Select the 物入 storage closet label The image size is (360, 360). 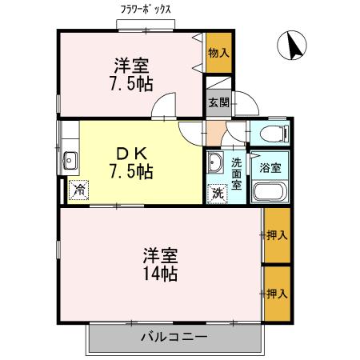[x=218, y=53]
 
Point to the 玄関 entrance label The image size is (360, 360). [x=218, y=102]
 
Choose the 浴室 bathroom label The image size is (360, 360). [x=270, y=168]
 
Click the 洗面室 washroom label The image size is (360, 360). [x=238, y=170]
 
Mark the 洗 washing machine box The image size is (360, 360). [x=216, y=193]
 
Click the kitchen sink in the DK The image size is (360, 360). [x=70, y=160]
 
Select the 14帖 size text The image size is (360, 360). [x=160, y=274]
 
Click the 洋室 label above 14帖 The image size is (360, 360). [x=160, y=255]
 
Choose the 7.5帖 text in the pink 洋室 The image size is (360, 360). [x=132, y=83]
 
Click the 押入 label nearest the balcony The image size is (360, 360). [x=278, y=294]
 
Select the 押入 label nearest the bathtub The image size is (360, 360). [x=278, y=235]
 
